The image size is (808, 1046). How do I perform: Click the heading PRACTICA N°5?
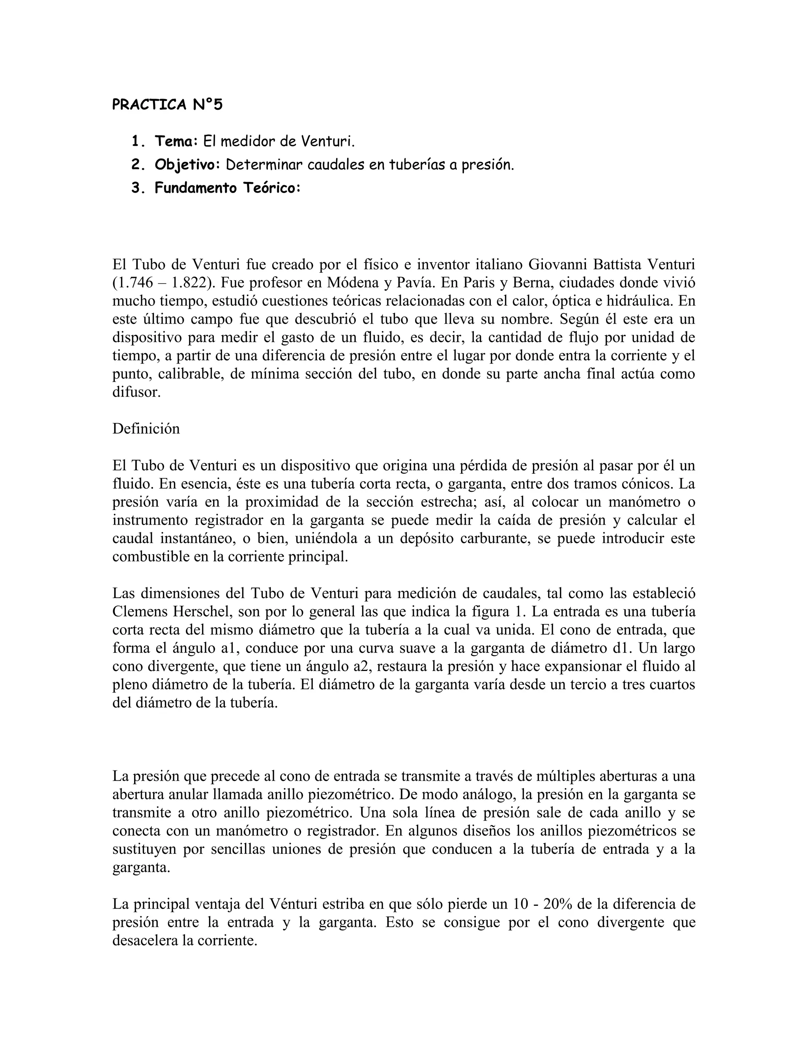point(167,105)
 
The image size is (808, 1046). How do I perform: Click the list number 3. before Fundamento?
point(137,188)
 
